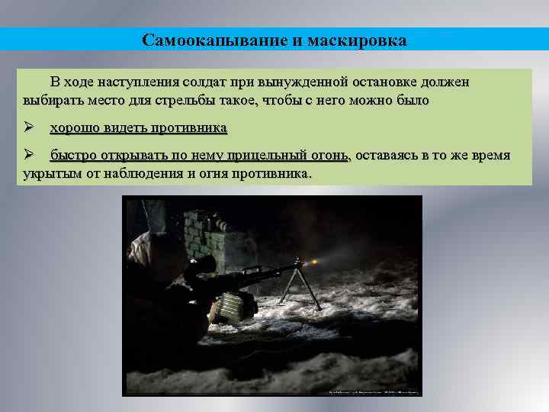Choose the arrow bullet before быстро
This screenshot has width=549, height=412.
click(x=28, y=156)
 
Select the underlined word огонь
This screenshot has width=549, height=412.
click(x=330, y=156)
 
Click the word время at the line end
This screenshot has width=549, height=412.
click(x=490, y=156)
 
